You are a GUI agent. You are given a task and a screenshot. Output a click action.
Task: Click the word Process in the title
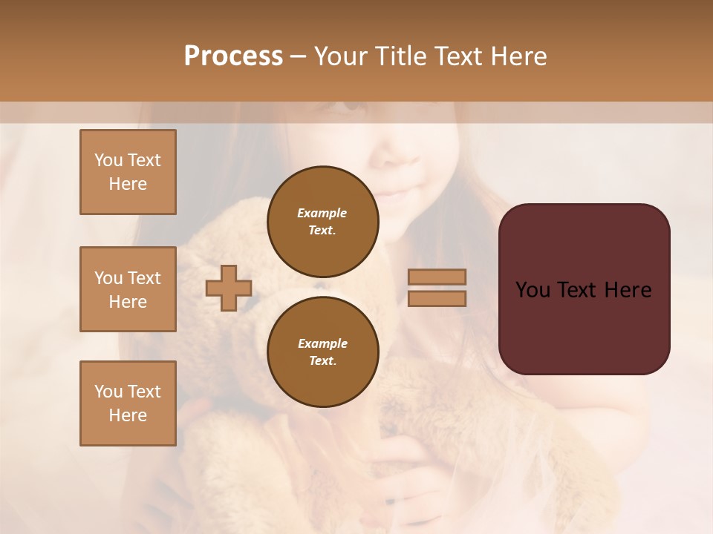click(233, 56)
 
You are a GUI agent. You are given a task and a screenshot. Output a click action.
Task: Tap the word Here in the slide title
click(517, 56)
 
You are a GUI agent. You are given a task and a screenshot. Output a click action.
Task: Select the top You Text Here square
click(128, 172)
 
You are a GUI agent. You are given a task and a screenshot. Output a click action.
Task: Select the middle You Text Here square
click(128, 289)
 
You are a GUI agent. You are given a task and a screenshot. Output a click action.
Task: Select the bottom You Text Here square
click(128, 403)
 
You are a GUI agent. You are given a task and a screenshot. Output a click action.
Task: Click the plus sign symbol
click(229, 288)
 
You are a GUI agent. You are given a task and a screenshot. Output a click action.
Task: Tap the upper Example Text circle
click(323, 222)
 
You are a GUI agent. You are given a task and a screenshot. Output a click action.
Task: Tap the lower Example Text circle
click(323, 352)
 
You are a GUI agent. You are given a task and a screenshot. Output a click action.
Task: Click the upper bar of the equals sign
click(437, 277)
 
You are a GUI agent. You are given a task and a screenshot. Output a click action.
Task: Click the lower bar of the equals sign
click(437, 298)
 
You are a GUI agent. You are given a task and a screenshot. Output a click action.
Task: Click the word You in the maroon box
click(533, 290)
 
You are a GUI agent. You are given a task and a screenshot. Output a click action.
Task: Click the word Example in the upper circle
click(322, 213)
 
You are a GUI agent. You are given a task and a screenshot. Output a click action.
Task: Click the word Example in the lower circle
click(322, 343)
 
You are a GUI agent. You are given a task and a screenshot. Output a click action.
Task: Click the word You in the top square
click(108, 160)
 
